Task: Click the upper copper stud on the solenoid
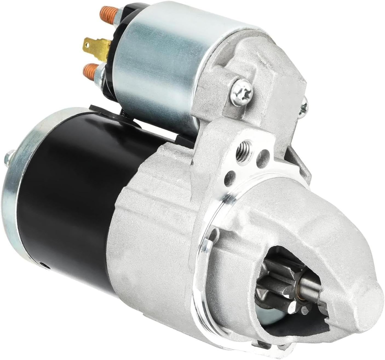pyautogui.click(x=111, y=13)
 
